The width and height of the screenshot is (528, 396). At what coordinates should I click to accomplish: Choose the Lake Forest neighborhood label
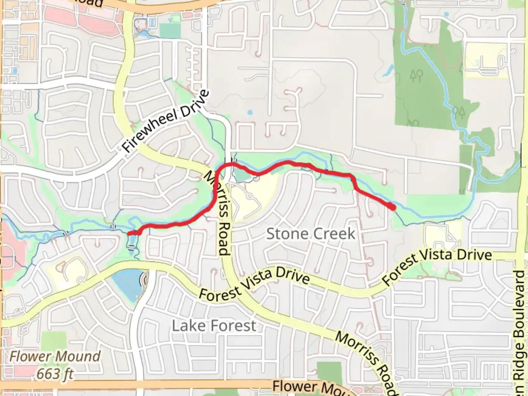(x=214, y=325)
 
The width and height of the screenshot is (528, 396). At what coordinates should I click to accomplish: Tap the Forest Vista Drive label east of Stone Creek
(x=436, y=265)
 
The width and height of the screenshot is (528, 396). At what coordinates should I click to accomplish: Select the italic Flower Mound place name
(x=55, y=356)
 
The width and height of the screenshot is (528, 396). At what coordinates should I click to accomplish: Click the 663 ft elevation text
(x=55, y=374)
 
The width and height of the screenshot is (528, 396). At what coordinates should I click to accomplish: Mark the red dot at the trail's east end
(x=392, y=208)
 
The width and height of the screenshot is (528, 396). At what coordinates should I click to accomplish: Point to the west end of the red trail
(x=129, y=233)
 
